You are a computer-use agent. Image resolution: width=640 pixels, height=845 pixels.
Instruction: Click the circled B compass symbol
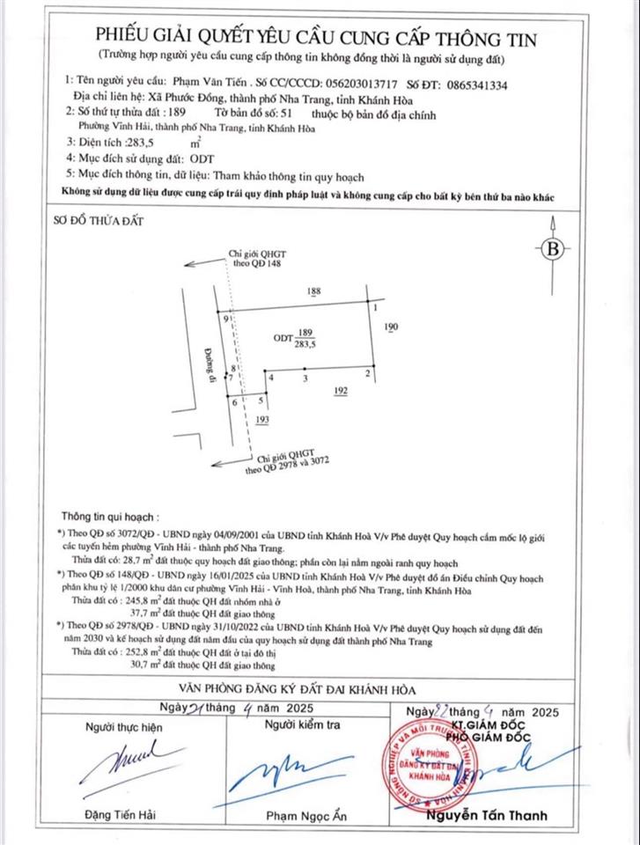tap(553, 248)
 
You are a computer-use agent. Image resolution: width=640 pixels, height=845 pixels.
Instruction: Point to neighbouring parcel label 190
tap(393, 327)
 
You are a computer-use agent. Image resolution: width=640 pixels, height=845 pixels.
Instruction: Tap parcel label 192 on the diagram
tap(342, 391)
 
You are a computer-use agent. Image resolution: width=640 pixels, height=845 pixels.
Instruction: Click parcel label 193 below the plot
tap(261, 422)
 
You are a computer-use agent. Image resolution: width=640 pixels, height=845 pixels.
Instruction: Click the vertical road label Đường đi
tap(211, 361)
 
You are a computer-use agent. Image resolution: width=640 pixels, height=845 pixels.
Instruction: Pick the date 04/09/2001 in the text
tap(225, 534)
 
